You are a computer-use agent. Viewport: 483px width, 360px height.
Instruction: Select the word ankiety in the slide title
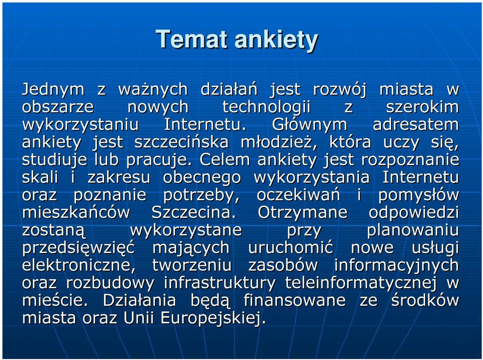click(x=276, y=41)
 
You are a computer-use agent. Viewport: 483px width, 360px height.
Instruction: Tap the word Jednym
click(x=53, y=90)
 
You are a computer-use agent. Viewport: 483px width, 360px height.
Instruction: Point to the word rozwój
click(x=340, y=89)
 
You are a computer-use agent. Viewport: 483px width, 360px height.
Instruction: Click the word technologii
click(x=266, y=107)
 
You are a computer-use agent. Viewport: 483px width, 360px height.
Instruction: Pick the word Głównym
click(x=309, y=125)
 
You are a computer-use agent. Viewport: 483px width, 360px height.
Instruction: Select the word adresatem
click(x=416, y=125)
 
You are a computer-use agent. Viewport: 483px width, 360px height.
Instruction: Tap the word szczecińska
click(x=182, y=142)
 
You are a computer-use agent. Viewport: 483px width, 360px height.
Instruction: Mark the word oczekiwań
click(x=298, y=195)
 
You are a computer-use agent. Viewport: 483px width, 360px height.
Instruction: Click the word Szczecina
click(x=194, y=213)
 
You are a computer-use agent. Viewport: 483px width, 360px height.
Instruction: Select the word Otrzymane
click(x=302, y=213)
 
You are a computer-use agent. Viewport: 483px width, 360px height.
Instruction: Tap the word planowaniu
click(x=413, y=231)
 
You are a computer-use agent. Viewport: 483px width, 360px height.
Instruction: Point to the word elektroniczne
click(x=79, y=265)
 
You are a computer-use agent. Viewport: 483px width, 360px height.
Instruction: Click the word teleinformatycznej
click(x=361, y=283)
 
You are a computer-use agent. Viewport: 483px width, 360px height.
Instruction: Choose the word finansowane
click(x=294, y=301)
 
